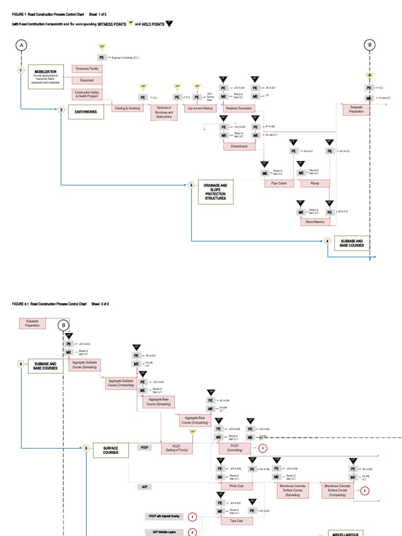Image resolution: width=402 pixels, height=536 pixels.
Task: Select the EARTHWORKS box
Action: click(x=86, y=111)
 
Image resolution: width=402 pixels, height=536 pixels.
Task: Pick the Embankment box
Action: click(x=239, y=147)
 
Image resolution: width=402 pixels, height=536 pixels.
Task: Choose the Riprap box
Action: click(x=315, y=184)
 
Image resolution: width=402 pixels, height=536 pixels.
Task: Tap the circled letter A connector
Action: click(x=21, y=46)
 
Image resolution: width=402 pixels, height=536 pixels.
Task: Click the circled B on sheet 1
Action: click(x=370, y=46)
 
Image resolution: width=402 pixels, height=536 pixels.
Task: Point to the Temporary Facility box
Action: click(x=87, y=69)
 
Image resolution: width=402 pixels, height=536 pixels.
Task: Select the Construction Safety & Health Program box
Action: click(x=87, y=94)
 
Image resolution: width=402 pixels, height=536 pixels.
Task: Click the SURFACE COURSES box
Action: click(x=110, y=450)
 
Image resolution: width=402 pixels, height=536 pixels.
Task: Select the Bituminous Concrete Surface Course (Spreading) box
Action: click(x=293, y=490)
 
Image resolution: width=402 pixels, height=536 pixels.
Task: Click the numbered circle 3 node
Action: click(x=192, y=185)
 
